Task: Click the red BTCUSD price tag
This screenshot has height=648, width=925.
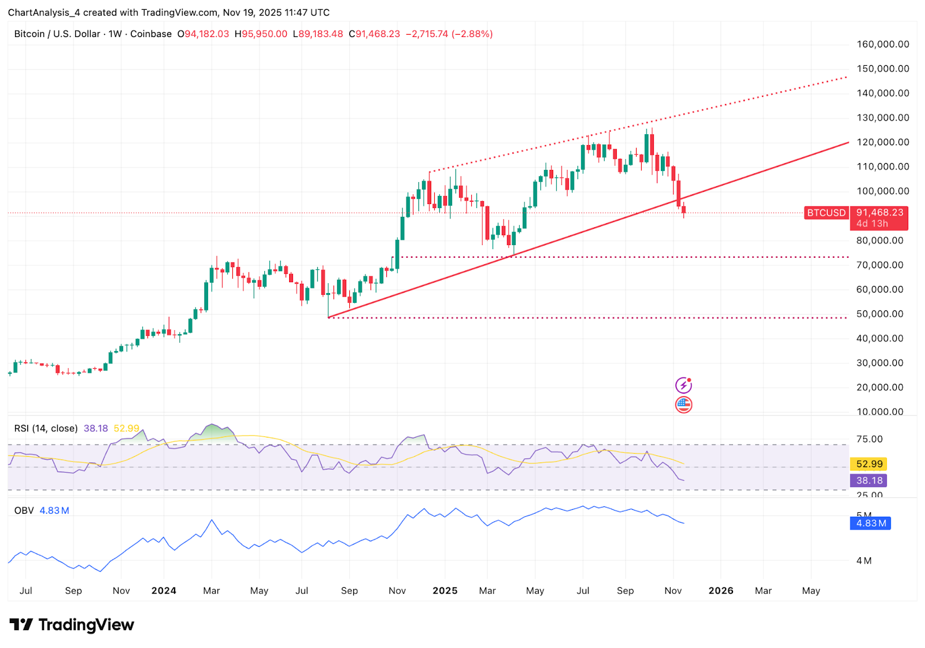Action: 826,213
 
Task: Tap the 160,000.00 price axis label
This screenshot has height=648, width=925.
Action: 882,44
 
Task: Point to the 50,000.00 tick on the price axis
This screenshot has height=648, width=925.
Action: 879,314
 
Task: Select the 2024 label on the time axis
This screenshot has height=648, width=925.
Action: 164,590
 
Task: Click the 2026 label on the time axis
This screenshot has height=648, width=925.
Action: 721,590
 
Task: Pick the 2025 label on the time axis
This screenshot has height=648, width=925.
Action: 445,590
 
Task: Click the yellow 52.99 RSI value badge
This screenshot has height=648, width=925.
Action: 869,464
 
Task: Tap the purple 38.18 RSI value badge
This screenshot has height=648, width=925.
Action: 869,480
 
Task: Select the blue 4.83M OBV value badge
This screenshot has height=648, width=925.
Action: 870,523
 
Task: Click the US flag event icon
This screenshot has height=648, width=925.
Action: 683,405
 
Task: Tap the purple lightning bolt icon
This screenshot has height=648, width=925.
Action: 683,385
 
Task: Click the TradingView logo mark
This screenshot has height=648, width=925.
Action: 21,624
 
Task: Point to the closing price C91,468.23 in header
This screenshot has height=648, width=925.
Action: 375,34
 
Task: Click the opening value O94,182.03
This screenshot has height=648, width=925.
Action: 203,34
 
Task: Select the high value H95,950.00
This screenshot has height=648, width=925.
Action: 261,34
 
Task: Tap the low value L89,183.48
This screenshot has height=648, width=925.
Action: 318,34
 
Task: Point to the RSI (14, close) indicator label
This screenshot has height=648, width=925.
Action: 46,428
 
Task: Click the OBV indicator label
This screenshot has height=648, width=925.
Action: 24,510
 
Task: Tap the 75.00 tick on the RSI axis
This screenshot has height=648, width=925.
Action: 869,439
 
